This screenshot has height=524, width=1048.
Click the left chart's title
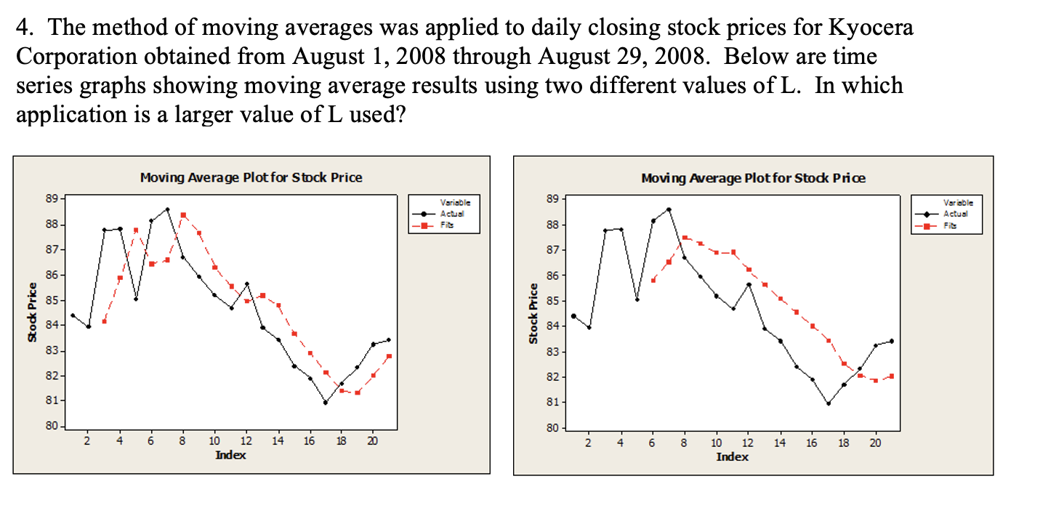[251, 177]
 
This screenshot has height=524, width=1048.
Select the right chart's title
[753, 178]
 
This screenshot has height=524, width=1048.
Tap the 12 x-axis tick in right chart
[748, 442]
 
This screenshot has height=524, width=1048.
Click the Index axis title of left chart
[230, 455]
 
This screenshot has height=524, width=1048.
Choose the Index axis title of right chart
[732, 456]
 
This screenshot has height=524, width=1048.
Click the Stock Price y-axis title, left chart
[32, 311]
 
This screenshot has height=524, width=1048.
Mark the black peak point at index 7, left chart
[167, 209]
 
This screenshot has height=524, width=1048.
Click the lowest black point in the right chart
[828, 404]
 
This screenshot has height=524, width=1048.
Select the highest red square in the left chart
[183, 215]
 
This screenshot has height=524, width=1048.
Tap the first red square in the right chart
[653, 280]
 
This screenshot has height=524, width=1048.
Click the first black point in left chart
[73, 315]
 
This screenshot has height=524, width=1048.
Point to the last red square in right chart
[891, 376]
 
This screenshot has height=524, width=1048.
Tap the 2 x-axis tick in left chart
[87, 442]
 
